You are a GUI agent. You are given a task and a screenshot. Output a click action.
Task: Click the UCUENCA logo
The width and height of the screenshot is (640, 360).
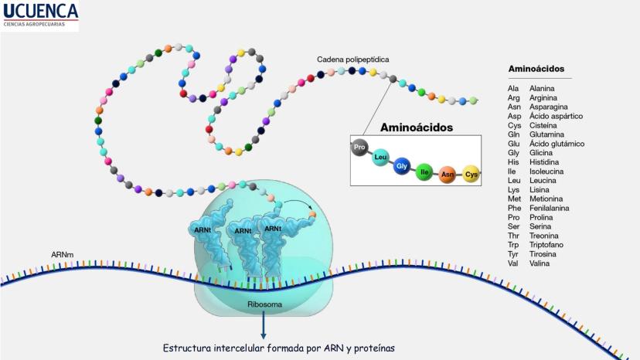(40, 15)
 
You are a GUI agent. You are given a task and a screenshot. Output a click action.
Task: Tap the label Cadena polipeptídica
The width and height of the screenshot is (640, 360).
(352, 59)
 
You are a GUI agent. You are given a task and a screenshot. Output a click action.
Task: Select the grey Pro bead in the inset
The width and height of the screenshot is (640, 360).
(359, 147)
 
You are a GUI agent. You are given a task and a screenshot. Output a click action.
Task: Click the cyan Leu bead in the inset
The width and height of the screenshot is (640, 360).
(380, 158)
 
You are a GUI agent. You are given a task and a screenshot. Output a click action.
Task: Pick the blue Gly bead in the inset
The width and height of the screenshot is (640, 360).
(401, 166)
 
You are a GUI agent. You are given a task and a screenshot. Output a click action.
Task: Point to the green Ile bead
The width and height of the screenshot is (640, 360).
(423, 172)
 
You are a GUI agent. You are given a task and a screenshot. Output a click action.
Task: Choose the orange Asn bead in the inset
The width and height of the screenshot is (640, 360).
(448, 175)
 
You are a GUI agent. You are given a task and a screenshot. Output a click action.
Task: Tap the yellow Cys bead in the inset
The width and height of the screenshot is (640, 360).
(471, 175)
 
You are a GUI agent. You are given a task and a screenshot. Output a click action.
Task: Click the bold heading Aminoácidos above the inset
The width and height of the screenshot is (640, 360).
(416, 127)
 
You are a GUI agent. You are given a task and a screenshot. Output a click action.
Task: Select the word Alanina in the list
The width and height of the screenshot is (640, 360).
(542, 89)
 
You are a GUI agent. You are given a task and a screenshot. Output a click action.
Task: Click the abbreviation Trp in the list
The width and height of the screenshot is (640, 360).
(514, 245)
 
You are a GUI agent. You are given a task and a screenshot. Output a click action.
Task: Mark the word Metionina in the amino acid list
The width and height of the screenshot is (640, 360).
(546, 199)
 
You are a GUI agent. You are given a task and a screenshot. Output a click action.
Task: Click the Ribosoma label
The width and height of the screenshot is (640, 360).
(265, 304)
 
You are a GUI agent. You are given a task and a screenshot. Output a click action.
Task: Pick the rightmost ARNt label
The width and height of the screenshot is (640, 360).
(272, 229)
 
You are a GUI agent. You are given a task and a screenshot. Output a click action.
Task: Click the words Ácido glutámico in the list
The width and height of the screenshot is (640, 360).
(557, 144)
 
